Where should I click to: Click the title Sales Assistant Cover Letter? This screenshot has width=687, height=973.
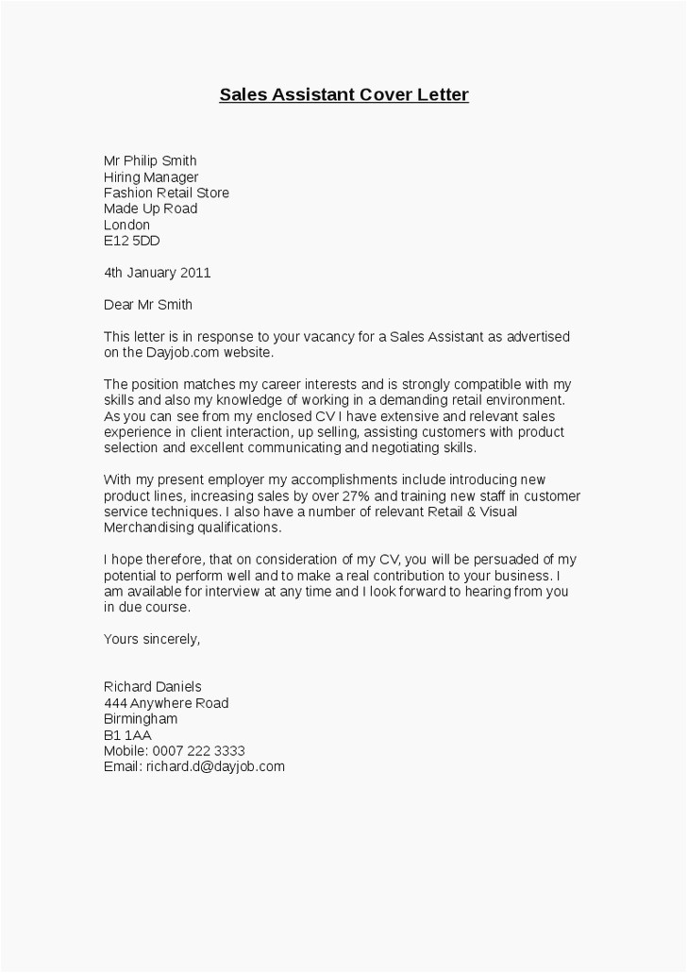pyautogui.click(x=343, y=94)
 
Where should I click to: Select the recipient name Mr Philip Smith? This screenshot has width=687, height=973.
pyautogui.click(x=150, y=160)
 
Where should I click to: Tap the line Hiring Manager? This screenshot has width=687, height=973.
pyautogui.click(x=151, y=176)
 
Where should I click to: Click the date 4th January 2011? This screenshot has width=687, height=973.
pyautogui.click(x=157, y=273)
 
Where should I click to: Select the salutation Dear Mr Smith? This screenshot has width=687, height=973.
pyautogui.click(x=147, y=305)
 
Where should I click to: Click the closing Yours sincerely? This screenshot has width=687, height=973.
pyautogui.click(x=151, y=639)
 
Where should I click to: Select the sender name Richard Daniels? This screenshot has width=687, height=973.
pyautogui.click(x=152, y=686)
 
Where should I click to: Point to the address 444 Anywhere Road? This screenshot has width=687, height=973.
pyautogui.click(x=165, y=703)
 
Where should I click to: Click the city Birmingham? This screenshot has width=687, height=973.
pyautogui.click(x=140, y=719)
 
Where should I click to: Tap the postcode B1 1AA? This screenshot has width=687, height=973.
pyautogui.click(x=127, y=735)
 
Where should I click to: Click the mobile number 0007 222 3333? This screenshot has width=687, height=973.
pyautogui.click(x=204, y=751)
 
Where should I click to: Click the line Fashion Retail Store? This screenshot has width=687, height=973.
pyautogui.click(x=166, y=193)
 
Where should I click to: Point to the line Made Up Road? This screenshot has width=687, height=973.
pyautogui.click(x=150, y=209)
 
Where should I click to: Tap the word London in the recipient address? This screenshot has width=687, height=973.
pyautogui.click(x=126, y=225)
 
